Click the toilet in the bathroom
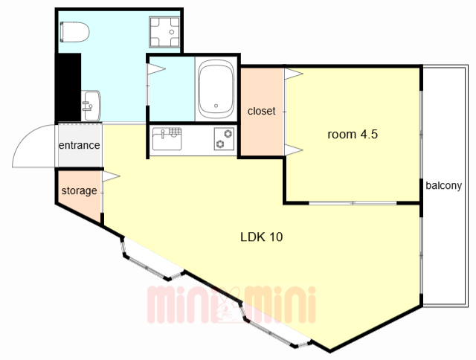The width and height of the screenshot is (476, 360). click(x=74, y=32)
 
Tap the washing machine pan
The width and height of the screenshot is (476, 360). click(x=164, y=32)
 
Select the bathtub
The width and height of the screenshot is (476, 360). click(x=216, y=89)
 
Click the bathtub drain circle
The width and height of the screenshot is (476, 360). click(x=216, y=106)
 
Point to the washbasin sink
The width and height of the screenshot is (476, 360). click(x=91, y=106)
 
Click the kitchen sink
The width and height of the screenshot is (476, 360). click(x=167, y=138)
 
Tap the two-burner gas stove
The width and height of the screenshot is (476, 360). click(x=224, y=138)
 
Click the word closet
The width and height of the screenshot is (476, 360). click(x=261, y=111)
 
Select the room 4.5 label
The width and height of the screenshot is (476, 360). click(x=353, y=134)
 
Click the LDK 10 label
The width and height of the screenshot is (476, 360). click(x=261, y=237)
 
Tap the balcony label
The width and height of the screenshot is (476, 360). click(x=443, y=185)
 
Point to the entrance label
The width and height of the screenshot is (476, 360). click(x=80, y=145)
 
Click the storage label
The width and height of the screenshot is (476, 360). click(x=80, y=191)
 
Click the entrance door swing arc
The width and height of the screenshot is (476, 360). click(x=28, y=134)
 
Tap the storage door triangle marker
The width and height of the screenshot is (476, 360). click(x=111, y=176)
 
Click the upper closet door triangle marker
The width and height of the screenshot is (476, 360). click(x=294, y=74)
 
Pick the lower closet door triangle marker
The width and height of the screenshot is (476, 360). click(x=294, y=150)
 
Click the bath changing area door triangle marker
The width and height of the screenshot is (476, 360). click(x=156, y=69)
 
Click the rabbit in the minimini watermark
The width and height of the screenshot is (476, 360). click(x=227, y=306)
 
